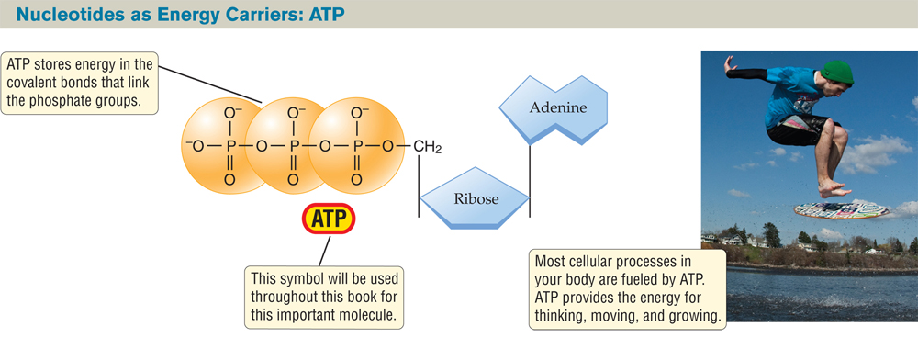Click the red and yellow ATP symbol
pyautogui.click(x=328, y=219)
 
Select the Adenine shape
pyautogui.click(x=557, y=108)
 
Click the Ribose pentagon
pyautogui.click(x=475, y=197)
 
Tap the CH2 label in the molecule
pyautogui.click(x=427, y=146)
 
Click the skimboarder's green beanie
pyautogui.click(x=836, y=71)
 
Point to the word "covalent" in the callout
pyautogui.click(x=36, y=83)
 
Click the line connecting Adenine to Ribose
pyautogui.click(x=530, y=179)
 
